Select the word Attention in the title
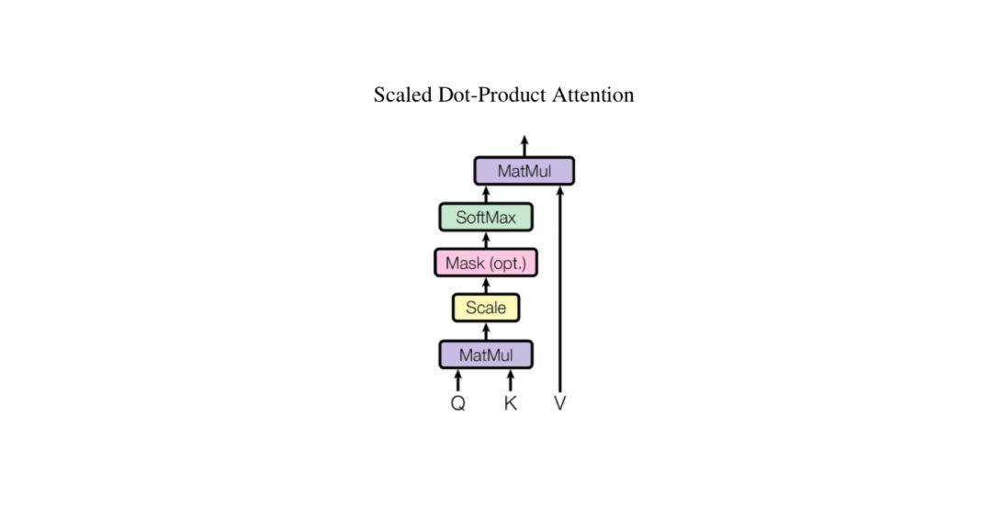click(592, 95)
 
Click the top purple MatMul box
click(524, 171)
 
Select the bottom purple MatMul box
click(486, 354)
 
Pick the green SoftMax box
click(486, 218)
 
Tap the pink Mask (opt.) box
click(486, 264)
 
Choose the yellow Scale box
click(486, 308)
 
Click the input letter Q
click(457, 403)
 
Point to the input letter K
click(511, 403)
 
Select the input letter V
click(560, 403)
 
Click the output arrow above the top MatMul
click(524, 146)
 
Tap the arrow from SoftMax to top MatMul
click(486, 194)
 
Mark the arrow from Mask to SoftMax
click(486, 241)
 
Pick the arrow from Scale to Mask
click(486, 286)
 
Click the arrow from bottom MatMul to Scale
click(486, 331)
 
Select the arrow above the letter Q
click(458, 380)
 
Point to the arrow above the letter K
click(511, 380)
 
